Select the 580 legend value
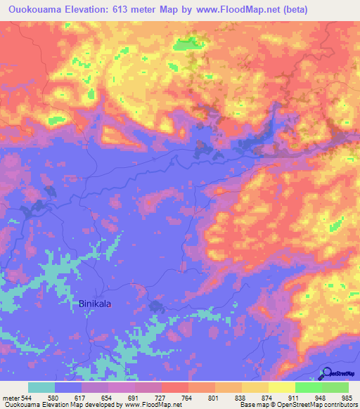(53, 398)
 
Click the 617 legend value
(80, 398)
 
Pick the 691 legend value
(134, 398)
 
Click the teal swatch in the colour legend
(41, 388)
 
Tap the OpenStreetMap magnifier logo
(326, 372)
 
